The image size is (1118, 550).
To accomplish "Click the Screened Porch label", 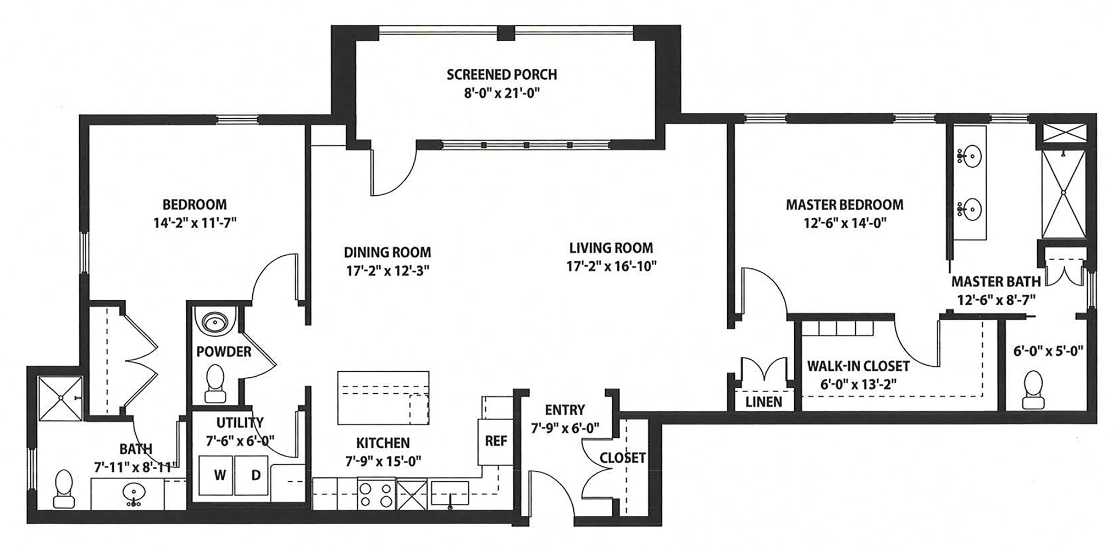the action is [501, 74].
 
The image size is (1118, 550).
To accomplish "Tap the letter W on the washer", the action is [220, 475].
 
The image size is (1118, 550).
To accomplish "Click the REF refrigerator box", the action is [495, 442].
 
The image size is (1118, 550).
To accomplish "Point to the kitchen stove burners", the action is [377, 494].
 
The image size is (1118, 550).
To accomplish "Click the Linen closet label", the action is [763, 402].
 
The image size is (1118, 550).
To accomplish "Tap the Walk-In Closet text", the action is [858, 366].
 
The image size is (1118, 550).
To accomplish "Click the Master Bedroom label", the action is [844, 205].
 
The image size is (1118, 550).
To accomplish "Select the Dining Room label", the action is [387, 252].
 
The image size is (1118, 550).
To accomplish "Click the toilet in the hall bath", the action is [64, 489].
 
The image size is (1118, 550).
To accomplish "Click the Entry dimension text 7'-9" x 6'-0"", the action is [564, 428].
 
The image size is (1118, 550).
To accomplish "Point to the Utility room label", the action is [240, 422].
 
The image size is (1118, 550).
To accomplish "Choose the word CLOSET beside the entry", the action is [622, 458].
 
